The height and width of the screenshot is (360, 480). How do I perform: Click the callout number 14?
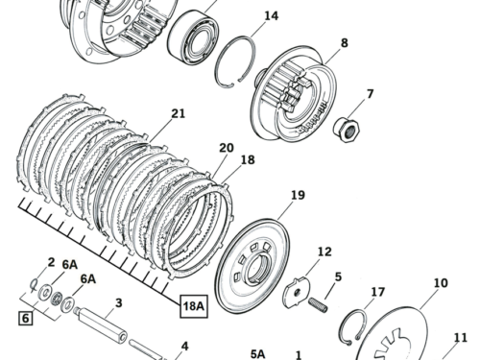(x=272, y=16)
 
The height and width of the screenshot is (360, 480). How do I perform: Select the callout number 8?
(x=344, y=43)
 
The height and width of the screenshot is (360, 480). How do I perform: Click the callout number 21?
(x=178, y=113)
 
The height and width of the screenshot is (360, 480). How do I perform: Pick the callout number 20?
(x=226, y=148)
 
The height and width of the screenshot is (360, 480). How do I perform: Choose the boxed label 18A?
(x=194, y=306)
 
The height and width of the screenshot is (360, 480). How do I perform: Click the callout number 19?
(x=298, y=196)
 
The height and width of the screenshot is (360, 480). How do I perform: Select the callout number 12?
(x=324, y=252)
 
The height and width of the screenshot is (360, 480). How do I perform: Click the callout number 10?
(x=441, y=283)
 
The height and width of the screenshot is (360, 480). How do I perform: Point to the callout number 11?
(x=460, y=338)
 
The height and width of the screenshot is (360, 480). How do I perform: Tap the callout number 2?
(x=51, y=262)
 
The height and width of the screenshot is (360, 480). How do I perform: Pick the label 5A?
(x=257, y=353)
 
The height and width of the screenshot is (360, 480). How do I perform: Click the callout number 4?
(x=185, y=346)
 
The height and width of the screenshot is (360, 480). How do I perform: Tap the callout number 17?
(x=377, y=293)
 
